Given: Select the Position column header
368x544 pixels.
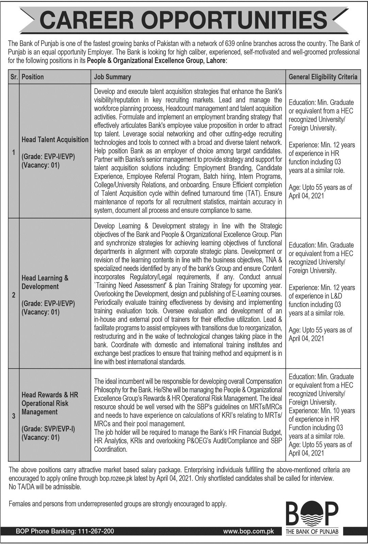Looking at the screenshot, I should (33, 77).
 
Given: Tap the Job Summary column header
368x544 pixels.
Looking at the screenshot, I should (112, 77).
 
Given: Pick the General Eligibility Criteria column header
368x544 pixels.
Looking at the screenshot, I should (323, 77).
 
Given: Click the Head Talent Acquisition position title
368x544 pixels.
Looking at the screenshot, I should (55, 139).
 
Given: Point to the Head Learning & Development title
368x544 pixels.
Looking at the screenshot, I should (45, 282).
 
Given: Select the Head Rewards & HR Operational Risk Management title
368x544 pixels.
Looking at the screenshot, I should (50, 403).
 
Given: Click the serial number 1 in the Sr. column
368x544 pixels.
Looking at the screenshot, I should (14, 152).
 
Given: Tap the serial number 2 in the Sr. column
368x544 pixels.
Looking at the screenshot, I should (14, 295).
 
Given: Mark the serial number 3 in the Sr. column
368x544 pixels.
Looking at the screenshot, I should (14, 416).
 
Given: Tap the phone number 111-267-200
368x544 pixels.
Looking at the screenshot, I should (94, 531).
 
